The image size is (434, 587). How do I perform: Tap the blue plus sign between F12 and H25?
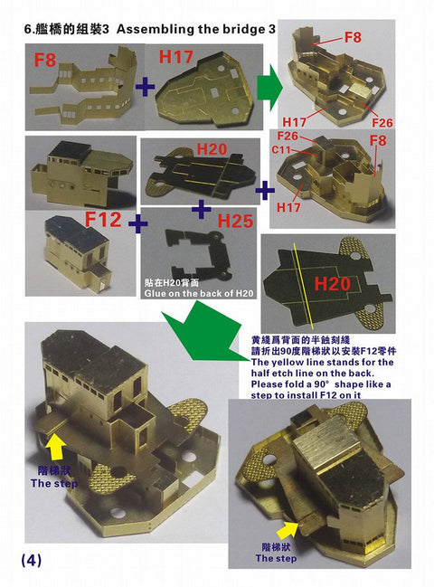click(137, 222)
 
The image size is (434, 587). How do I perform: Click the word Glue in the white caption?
click(157, 293)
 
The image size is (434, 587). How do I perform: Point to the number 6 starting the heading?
click(27, 30)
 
